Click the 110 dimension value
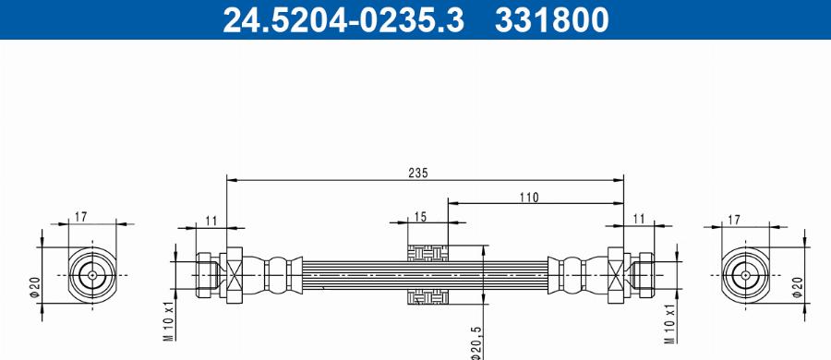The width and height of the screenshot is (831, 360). [x=528, y=197]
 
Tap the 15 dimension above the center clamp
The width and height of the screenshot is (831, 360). [x=420, y=217]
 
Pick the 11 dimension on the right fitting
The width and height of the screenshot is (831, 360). [x=638, y=219]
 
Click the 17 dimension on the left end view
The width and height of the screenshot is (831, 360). [x=80, y=218]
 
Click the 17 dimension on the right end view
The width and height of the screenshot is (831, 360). [x=734, y=219]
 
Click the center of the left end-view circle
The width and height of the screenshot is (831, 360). [x=91, y=275]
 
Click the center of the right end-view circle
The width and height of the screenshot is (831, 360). [x=746, y=275]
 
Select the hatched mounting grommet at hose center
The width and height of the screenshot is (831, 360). [x=428, y=274]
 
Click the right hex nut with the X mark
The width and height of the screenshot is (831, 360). [x=616, y=274]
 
